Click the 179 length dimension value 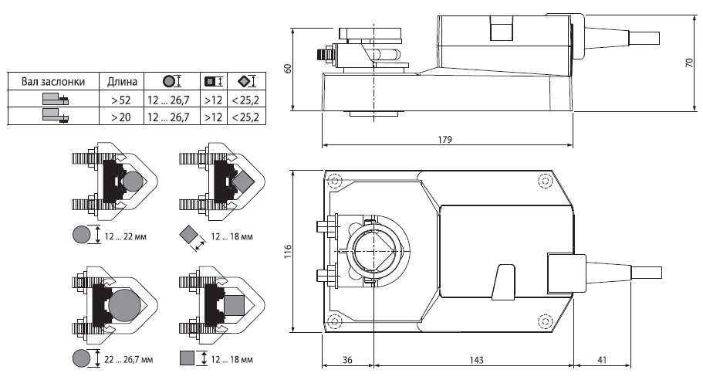(x=444, y=140)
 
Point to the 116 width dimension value (x=288, y=251)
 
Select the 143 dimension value (x=477, y=360)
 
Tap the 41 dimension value (x=602, y=360)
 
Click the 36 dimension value (x=347, y=360)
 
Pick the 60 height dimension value (x=288, y=69)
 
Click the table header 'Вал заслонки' (x=53, y=82)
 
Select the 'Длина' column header (x=122, y=82)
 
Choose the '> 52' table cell (x=121, y=100)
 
